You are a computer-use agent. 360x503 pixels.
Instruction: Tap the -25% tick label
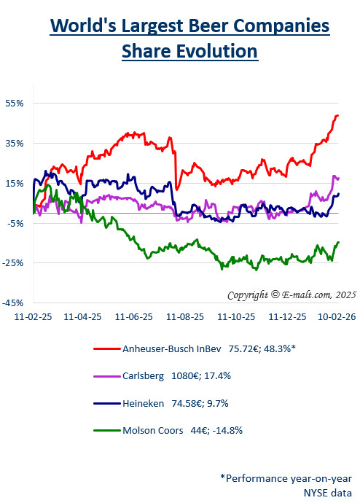point(15,262)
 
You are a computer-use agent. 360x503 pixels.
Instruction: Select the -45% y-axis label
point(15,303)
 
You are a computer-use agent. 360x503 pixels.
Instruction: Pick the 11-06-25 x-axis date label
point(134,318)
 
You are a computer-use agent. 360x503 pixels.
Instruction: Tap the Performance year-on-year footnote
point(286,477)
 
